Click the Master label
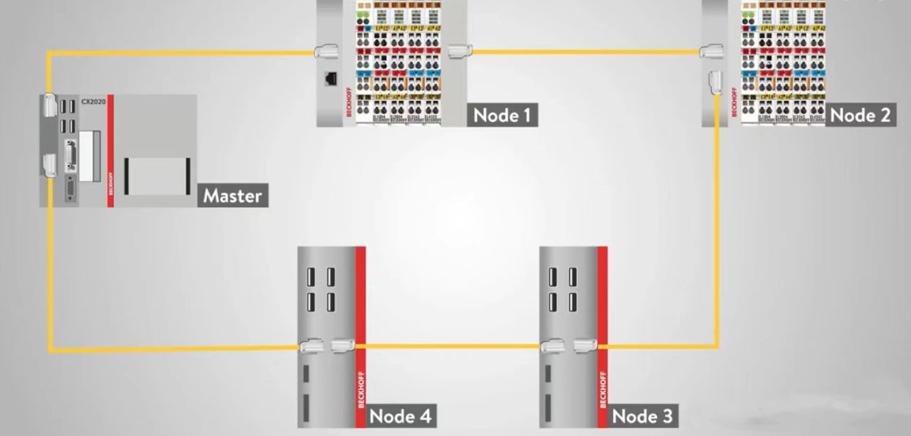click(x=232, y=195)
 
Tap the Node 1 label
click(x=501, y=115)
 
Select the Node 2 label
click(x=861, y=115)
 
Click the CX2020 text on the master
click(x=93, y=101)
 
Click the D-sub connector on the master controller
click(x=71, y=158)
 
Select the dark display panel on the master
click(x=156, y=175)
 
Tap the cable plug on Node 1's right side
click(x=458, y=52)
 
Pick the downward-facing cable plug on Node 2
click(x=715, y=82)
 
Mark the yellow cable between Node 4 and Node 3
click(x=448, y=346)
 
